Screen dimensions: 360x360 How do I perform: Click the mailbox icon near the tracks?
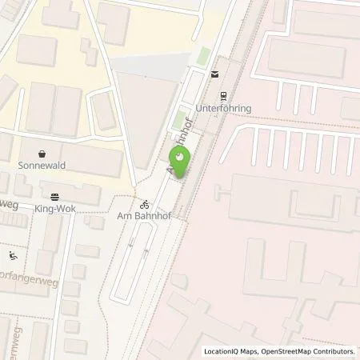[x=214, y=74]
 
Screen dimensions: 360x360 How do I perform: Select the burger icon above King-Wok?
[x=54, y=194]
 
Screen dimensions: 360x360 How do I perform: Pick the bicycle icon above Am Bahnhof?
[x=146, y=203]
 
